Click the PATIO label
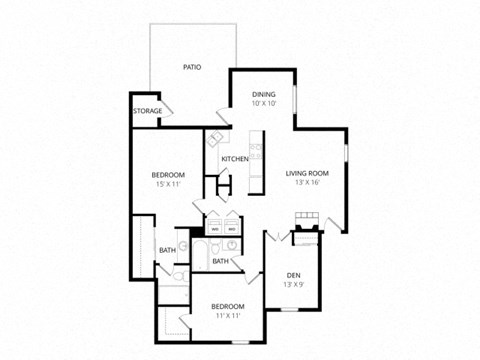point(192,67)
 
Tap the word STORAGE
point(148,111)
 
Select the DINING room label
point(263,94)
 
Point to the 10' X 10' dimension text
point(263,103)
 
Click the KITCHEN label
point(235,159)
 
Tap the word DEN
point(294,275)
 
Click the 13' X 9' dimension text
point(294,285)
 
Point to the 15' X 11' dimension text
point(167,184)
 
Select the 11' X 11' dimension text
point(227,315)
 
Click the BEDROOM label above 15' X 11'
point(167,174)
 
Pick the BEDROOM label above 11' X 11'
point(227,305)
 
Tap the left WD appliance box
point(214,227)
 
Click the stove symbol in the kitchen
point(255,151)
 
